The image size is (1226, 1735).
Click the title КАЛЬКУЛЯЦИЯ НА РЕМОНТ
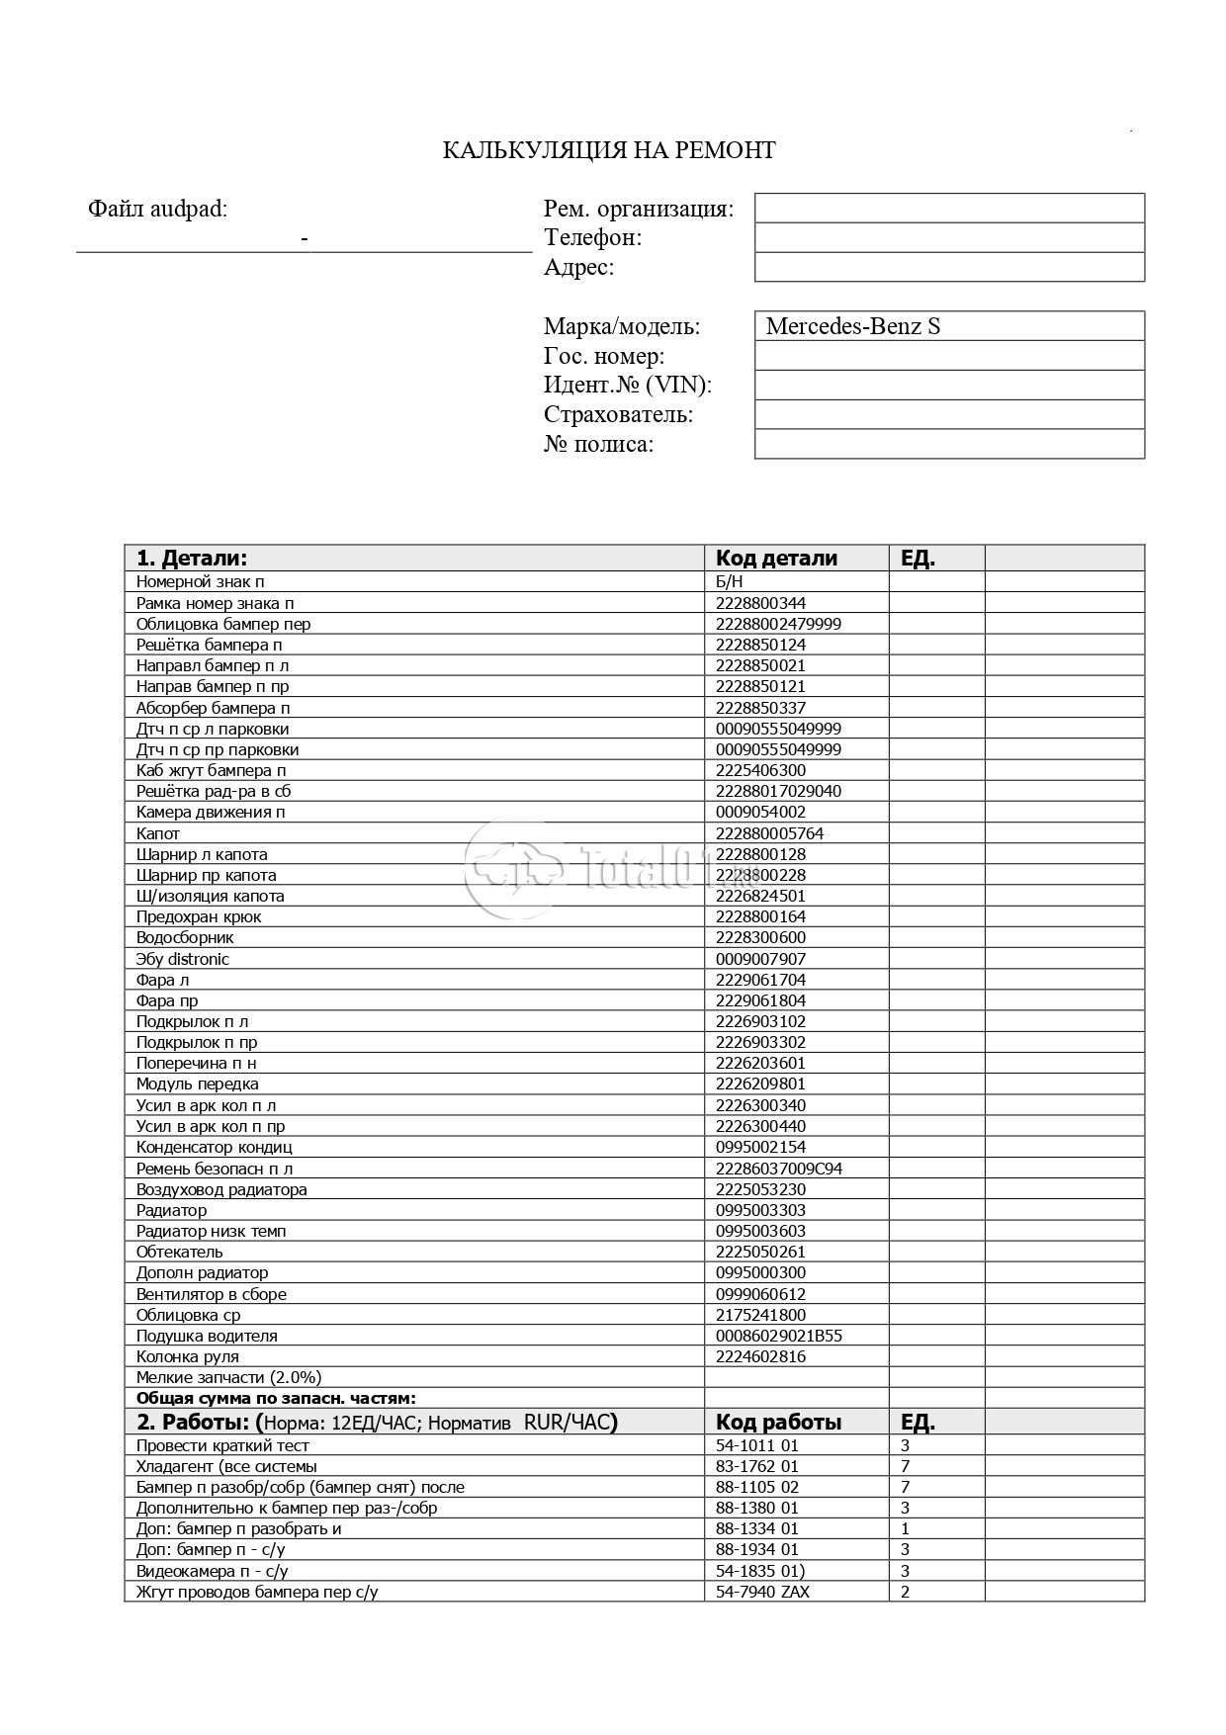pyautogui.click(x=608, y=150)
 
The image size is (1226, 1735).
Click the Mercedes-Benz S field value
pyautogui.click(x=853, y=326)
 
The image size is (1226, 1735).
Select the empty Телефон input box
pyautogui.click(x=949, y=238)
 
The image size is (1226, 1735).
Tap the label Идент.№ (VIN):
pyautogui.click(x=628, y=386)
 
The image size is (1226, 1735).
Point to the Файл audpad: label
pyautogui.click(x=157, y=210)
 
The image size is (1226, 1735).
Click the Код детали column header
pyautogui.click(x=776, y=558)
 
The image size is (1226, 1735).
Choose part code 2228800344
pyautogui.click(x=760, y=603)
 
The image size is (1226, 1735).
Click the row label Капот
pyautogui.click(x=158, y=833)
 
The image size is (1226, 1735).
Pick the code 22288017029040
pyautogui.click(x=778, y=791)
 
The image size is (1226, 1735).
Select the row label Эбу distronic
pyautogui.click(x=183, y=959)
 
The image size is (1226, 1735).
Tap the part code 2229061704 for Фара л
pyautogui.click(x=760, y=980)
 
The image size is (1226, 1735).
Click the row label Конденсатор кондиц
pyautogui.click(x=214, y=1147)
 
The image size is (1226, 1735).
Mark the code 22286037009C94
pyautogui.click(x=778, y=1169)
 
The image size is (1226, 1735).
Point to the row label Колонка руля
pyautogui.click(x=188, y=1356)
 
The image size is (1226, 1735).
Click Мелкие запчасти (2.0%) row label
pyautogui.click(x=228, y=1377)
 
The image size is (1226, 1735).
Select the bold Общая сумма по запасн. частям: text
pyautogui.click(x=276, y=1398)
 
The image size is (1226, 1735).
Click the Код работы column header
pyautogui.click(x=778, y=1423)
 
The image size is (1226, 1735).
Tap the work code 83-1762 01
pyautogui.click(x=756, y=1466)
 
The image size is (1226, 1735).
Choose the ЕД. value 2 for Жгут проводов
pyautogui.click(x=906, y=1592)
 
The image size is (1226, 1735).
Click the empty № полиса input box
pyautogui.click(x=949, y=445)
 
